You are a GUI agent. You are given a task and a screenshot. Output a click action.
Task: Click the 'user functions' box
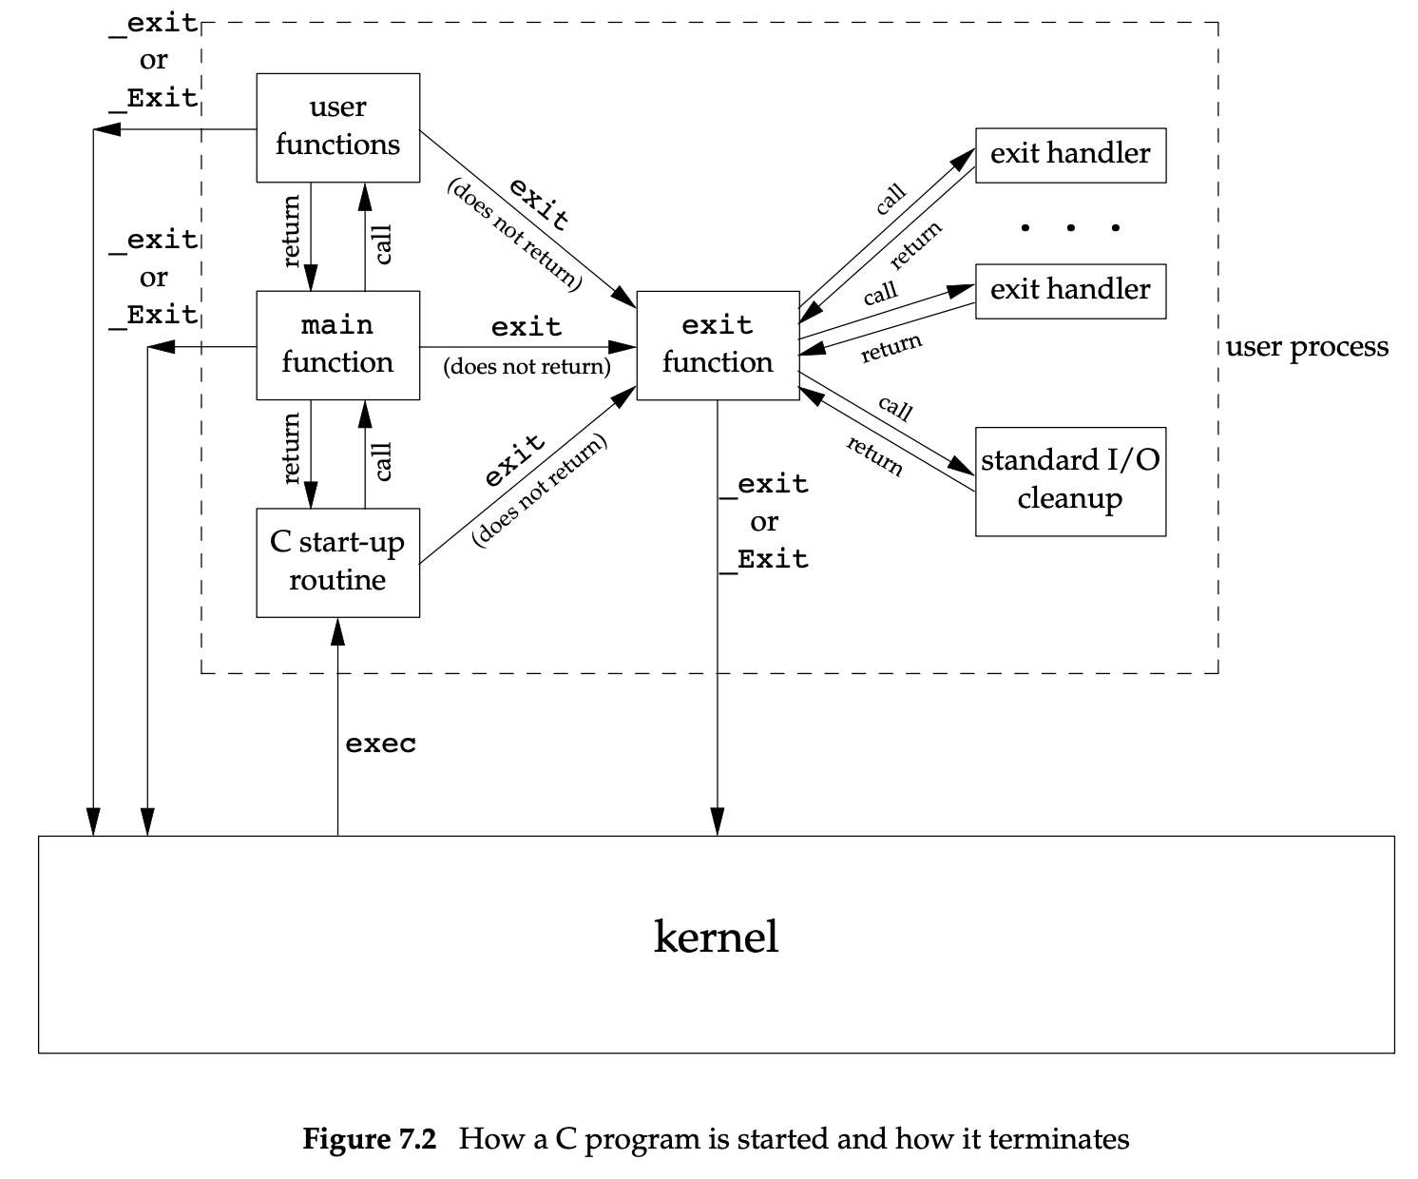point(337,127)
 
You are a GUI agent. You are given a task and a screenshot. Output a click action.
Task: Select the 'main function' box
point(337,344)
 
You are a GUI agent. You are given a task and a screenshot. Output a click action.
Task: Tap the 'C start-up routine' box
point(337,562)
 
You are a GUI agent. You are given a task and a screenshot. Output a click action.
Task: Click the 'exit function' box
point(718,344)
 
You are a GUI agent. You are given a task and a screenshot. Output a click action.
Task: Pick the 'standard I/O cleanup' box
point(1070,480)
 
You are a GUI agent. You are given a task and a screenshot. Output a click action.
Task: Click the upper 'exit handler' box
point(1070,154)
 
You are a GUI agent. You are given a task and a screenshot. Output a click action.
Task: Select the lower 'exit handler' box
point(1070,290)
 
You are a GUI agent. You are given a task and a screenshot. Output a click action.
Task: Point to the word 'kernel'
point(716,937)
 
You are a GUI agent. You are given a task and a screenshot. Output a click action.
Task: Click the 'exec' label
point(380,743)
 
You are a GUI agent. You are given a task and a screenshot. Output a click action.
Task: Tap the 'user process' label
point(1307,347)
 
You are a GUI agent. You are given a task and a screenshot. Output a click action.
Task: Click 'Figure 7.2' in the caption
point(369,1138)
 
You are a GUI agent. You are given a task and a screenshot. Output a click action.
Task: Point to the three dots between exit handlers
point(1070,227)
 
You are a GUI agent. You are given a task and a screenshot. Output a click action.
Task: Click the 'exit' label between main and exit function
point(527,327)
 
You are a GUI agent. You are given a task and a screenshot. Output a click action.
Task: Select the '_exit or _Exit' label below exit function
point(764,521)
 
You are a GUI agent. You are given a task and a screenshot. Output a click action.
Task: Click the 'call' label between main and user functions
point(383,244)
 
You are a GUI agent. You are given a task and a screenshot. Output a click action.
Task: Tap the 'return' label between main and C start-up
point(292,448)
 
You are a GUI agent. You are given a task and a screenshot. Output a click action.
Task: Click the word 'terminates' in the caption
point(1059,1138)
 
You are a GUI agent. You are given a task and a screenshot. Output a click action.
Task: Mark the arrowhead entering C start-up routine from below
point(337,628)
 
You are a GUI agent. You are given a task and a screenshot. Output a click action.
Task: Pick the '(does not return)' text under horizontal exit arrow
point(527,367)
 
